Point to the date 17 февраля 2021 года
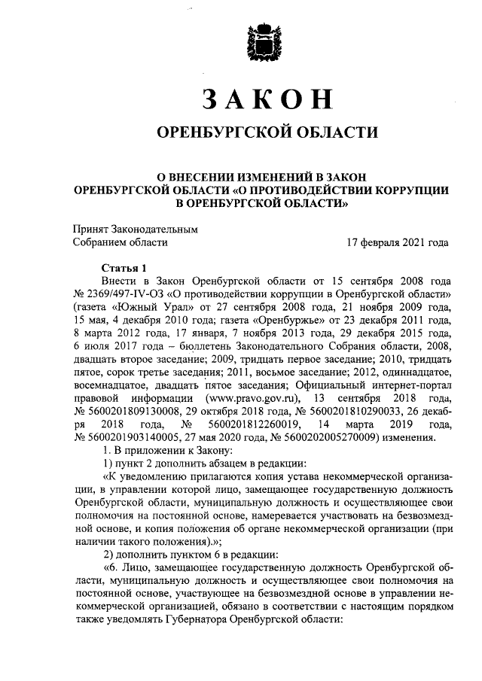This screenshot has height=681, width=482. (397, 242)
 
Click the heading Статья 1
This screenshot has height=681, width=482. (120, 269)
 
